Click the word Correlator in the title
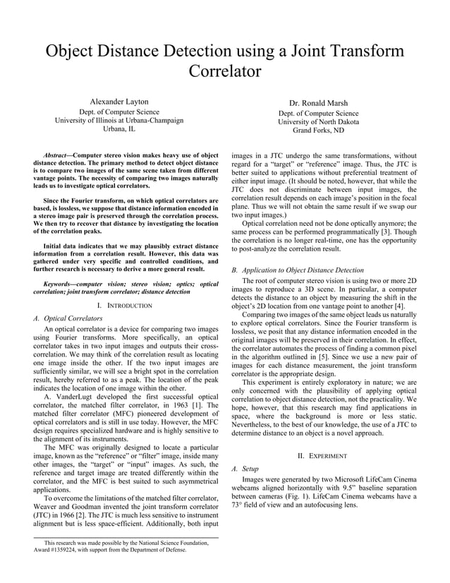pyautogui.click(x=225, y=71)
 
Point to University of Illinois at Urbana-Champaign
pyautogui.click(x=119, y=120)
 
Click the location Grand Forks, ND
pyautogui.click(x=318, y=131)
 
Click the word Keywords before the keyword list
pyautogui.click(x=57, y=284)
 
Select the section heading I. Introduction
pyautogui.click(x=125, y=305)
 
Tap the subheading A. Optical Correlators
pyautogui.click(x=68, y=318)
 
